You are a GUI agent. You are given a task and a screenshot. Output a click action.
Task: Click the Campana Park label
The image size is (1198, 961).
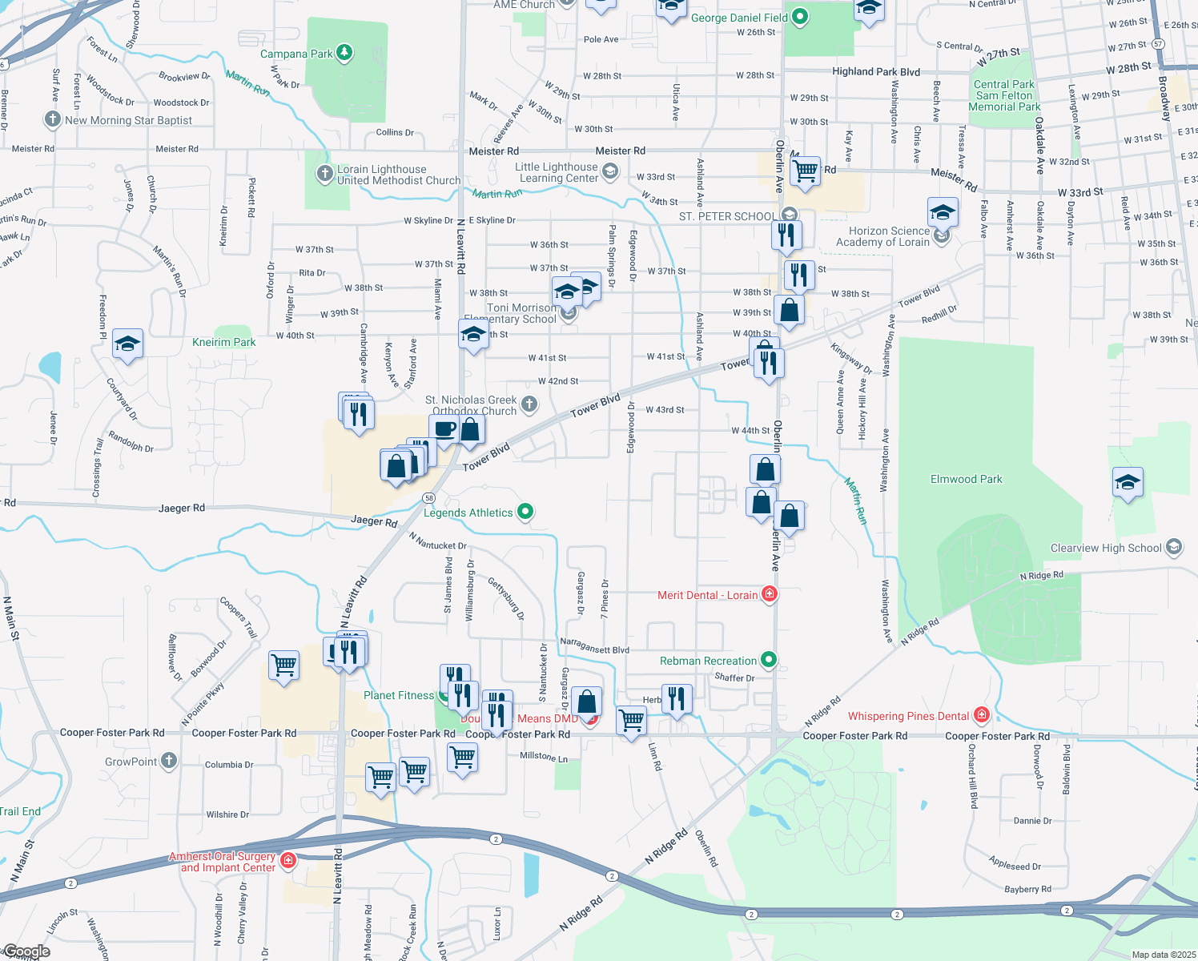(x=296, y=54)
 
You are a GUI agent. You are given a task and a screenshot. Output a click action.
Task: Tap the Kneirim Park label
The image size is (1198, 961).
(x=224, y=342)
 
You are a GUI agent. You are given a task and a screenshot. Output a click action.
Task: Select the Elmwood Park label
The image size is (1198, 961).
(x=966, y=479)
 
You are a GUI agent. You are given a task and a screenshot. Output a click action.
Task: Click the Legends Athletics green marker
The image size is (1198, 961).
(x=525, y=511)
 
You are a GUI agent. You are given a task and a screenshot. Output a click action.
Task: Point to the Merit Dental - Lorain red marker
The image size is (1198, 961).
(x=770, y=593)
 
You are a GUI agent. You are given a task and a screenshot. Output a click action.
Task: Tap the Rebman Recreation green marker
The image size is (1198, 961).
(x=769, y=660)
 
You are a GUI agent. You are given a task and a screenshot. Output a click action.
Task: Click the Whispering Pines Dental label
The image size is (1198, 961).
(x=908, y=716)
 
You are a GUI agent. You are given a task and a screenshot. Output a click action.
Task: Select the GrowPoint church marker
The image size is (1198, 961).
(x=169, y=761)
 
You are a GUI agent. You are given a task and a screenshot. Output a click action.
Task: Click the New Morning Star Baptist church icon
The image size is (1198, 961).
(x=53, y=119)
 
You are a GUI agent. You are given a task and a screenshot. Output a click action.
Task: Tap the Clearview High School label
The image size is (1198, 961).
(x=1106, y=548)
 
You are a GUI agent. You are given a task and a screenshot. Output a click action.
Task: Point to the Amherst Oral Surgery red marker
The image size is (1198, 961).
(x=289, y=861)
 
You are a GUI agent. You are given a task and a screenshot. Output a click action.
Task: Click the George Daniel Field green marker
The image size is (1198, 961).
(x=799, y=17)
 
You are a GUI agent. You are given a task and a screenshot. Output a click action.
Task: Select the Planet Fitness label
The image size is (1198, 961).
(x=398, y=695)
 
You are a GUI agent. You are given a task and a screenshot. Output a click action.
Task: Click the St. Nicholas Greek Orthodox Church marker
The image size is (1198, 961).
(x=529, y=404)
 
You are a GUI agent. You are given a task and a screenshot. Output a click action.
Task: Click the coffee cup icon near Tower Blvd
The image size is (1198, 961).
(x=444, y=429)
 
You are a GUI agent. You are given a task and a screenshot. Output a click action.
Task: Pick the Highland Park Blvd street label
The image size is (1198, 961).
(x=876, y=71)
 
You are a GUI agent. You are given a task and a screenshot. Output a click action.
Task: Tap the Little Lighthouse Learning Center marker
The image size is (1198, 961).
(x=609, y=171)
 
